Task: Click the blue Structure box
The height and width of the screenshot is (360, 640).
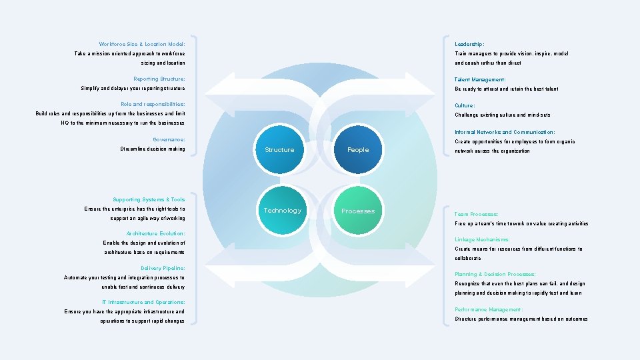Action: pyautogui.click(x=279, y=149)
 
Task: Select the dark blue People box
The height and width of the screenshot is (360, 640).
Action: pyautogui.click(x=357, y=149)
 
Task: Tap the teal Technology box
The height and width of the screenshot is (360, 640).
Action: pyautogui.click(x=282, y=211)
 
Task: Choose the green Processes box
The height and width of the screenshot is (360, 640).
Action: pyautogui.click(x=358, y=211)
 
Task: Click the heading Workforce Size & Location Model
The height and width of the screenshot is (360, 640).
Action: pyautogui.click(x=142, y=44)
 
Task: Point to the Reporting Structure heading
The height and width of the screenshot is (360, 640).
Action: pyautogui.click(x=159, y=79)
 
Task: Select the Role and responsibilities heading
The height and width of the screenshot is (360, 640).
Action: pyautogui.click(x=153, y=104)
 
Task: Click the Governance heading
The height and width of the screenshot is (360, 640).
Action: pyautogui.click(x=169, y=139)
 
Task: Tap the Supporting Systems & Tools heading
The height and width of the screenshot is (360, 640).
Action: pyautogui.click(x=149, y=199)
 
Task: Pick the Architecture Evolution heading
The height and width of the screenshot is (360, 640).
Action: pyautogui.click(x=155, y=233)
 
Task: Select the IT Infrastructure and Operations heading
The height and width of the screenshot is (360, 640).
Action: pyautogui.click(x=148, y=302)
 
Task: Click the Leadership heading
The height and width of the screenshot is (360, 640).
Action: pyautogui.click(x=469, y=44)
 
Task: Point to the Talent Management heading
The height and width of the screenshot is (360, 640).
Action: pyautogui.click(x=480, y=79)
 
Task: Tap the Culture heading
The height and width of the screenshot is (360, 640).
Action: pyautogui.click(x=465, y=105)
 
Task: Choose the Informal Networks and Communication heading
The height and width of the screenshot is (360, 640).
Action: pyautogui.click(x=505, y=132)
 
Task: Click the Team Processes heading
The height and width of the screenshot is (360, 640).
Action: pyautogui.click(x=476, y=214)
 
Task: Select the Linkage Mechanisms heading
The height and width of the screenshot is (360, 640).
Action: pyautogui.click(x=482, y=239)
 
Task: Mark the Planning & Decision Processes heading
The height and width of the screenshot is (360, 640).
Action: pyautogui.click(x=495, y=274)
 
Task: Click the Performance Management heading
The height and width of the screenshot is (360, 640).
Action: pyautogui.click(x=489, y=309)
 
